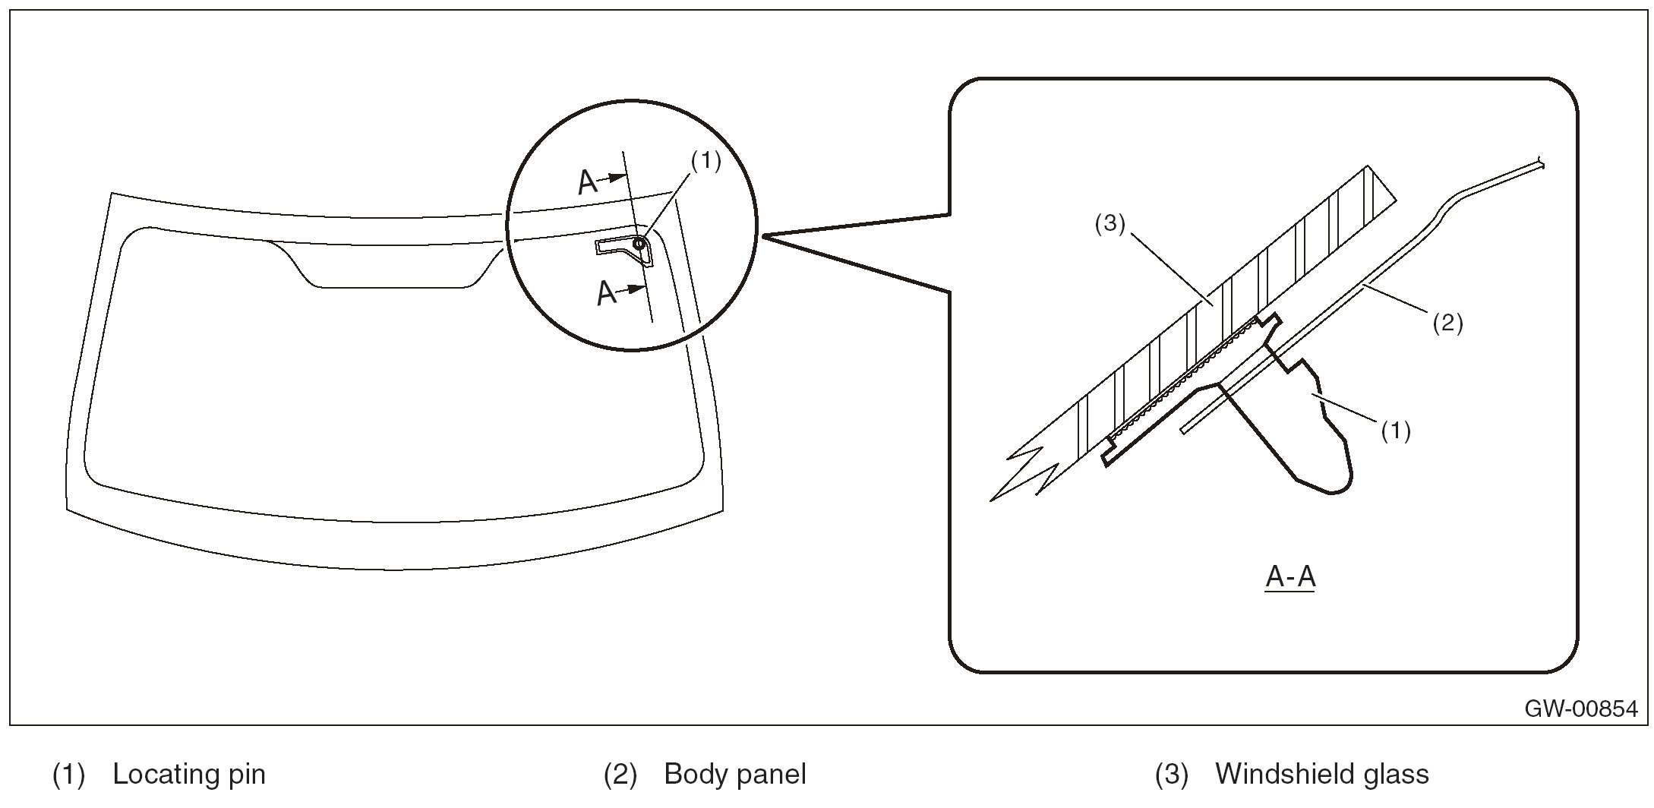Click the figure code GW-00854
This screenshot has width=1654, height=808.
pyautogui.click(x=1581, y=709)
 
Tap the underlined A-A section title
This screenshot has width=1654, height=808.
pyautogui.click(x=1290, y=577)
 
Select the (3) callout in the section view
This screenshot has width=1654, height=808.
pyautogui.click(x=1110, y=224)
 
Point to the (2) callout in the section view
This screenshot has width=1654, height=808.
pyautogui.click(x=1447, y=323)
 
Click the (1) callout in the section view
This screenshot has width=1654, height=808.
pyautogui.click(x=1396, y=431)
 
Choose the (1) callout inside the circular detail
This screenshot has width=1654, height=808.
pyautogui.click(x=705, y=161)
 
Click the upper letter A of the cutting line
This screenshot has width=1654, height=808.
pyautogui.click(x=588, y=182)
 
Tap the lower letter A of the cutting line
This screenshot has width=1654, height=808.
pyautogui.click(x=606, y=292)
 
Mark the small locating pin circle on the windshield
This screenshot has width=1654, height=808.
pyautogui.click(x=639, y=243)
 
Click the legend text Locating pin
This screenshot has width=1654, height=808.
pyautogui.click(x=189, y=775)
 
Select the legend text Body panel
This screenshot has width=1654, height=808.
pyautogui.click(x=734, y=775)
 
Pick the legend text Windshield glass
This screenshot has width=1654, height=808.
pyautogui.click(x=1322, y=775)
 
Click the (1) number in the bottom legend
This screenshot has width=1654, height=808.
pyautogui.click(x=68, y=775)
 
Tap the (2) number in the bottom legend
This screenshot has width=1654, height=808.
pyautogui.click(x=620, y=775)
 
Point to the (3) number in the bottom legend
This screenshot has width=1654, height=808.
pyautogui.click(x=1172, y=775)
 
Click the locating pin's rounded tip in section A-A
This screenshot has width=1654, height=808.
pyautogui.click(x=1337, y=486)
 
